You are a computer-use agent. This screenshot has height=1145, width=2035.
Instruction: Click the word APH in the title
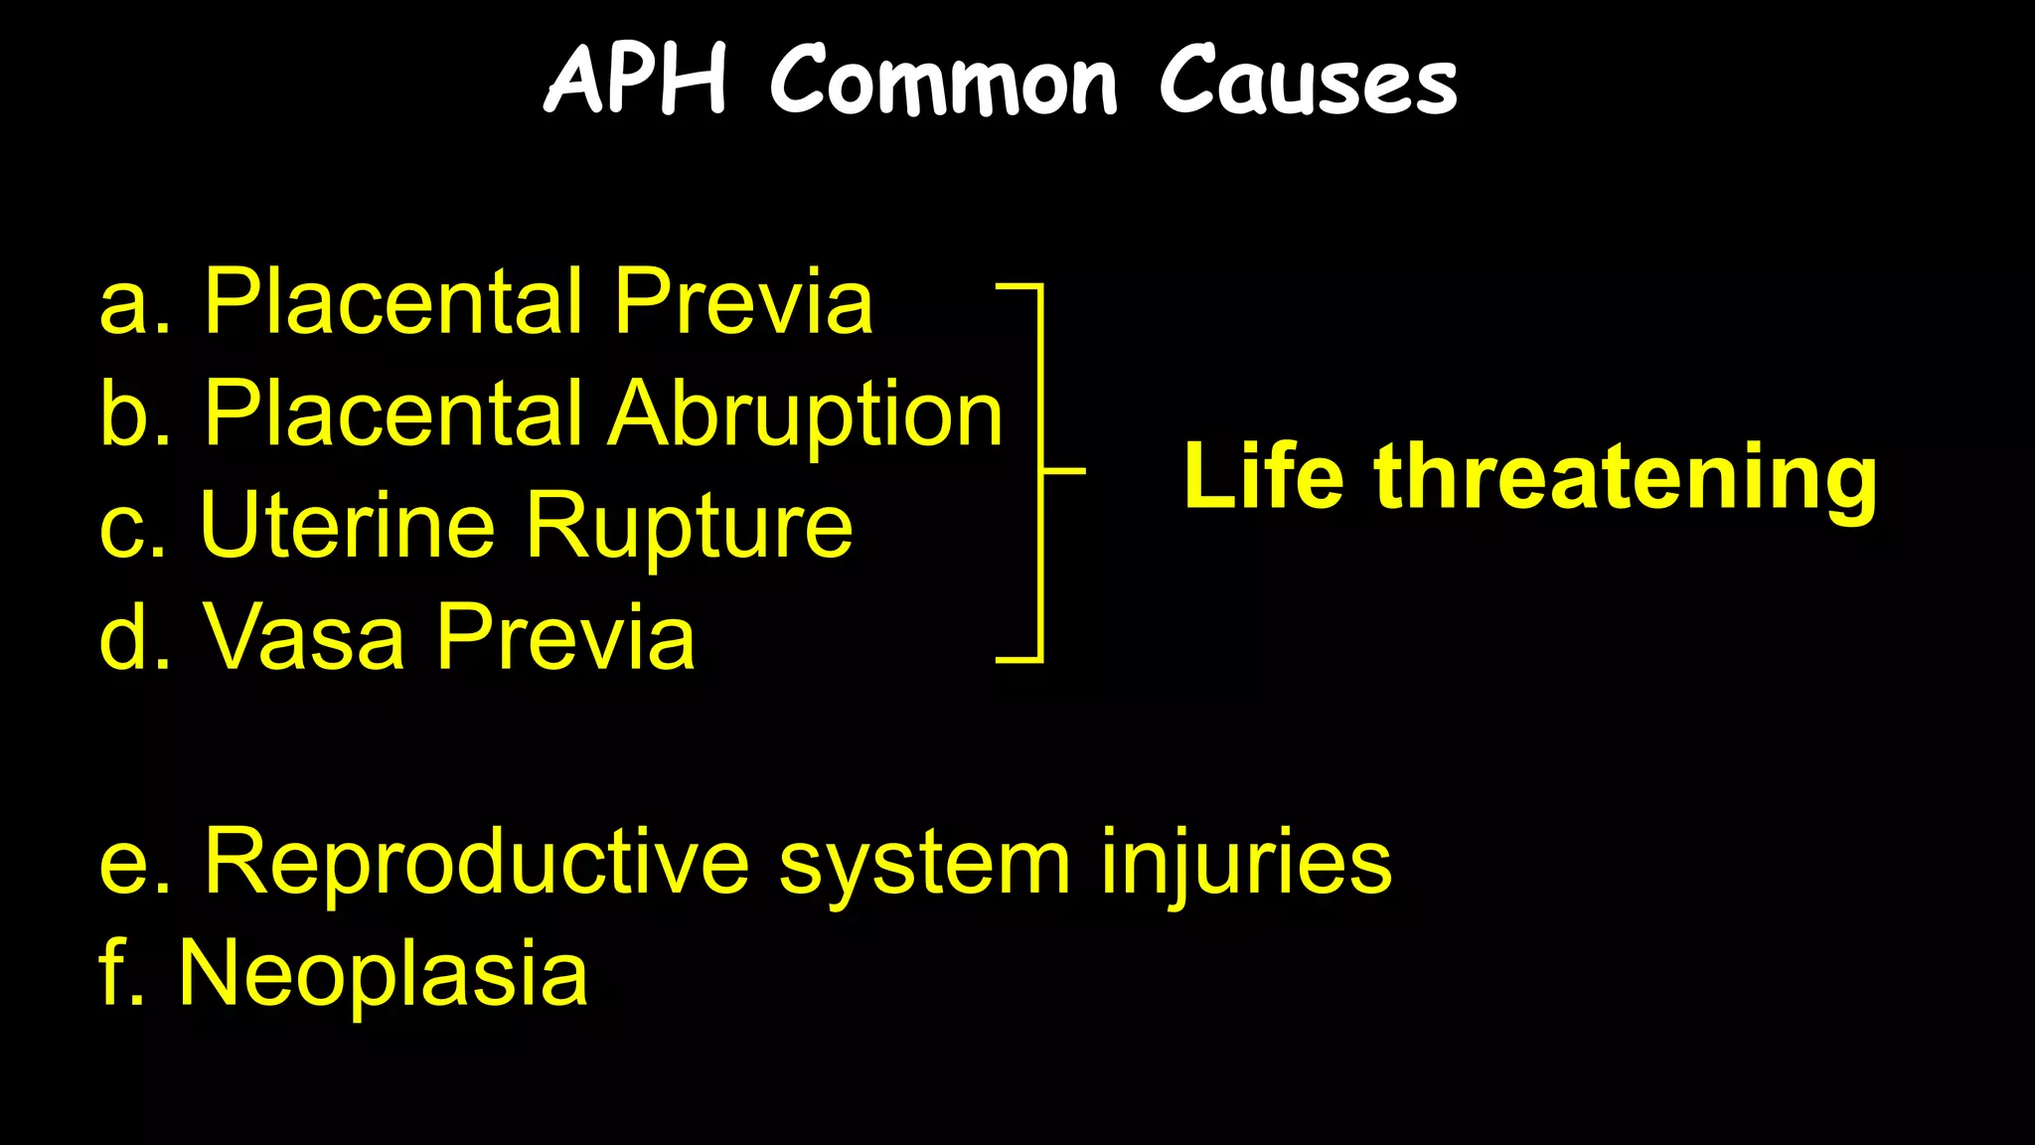(x=637, y=80)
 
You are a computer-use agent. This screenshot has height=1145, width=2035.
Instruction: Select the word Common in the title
(x=944, y=82)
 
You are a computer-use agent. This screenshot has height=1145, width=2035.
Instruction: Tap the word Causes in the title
(x=1308, y=82)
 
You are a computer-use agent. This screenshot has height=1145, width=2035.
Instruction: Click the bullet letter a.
(x=125, y=305)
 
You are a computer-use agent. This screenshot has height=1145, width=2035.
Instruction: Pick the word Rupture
(x=689, y=527)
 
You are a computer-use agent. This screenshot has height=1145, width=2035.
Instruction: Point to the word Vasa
(x=304, y=637)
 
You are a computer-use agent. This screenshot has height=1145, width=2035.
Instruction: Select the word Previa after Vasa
(x=565, y=637)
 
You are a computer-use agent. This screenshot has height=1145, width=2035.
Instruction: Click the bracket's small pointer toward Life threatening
(x=1065, y=470)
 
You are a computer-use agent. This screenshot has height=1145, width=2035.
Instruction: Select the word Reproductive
(x=476, y=863)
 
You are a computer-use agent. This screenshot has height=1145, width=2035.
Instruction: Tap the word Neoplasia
(x=383, y=974)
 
